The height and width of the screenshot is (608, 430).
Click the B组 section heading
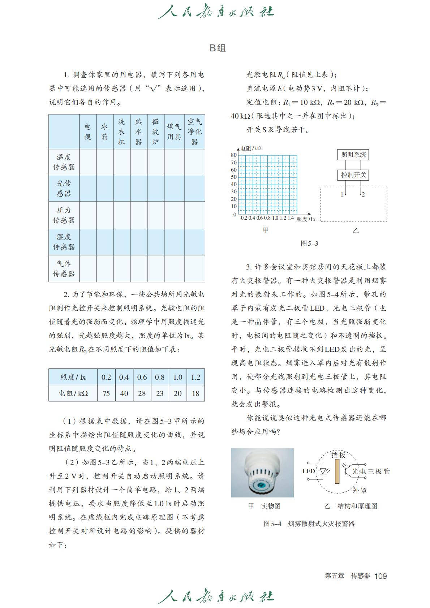point(218,48)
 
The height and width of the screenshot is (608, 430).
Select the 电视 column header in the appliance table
point(88,131)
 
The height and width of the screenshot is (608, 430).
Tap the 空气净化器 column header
point(194,131)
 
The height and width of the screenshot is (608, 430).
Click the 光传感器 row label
point(64,188)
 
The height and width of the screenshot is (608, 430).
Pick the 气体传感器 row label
point(64,268)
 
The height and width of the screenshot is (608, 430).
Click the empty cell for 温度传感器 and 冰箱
point(105,162)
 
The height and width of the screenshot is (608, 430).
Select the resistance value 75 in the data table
point(106,393)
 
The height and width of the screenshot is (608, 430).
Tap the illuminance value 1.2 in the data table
point(195,377)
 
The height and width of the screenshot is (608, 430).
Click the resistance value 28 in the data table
point(142,393)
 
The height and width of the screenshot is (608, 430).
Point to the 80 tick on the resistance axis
point(234,155)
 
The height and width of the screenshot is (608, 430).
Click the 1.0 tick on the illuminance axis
point(275,218)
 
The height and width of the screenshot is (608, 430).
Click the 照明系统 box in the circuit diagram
point(353,155)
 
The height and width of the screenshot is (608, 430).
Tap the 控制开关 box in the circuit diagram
point(353,175)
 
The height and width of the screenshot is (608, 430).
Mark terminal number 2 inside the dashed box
point(363,194)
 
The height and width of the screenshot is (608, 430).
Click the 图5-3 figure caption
point(309,243)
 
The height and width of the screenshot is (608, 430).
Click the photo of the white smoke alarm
point(262,473)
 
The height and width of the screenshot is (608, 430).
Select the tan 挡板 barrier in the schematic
point(337,471)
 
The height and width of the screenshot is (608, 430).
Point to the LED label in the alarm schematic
point(309,471)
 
